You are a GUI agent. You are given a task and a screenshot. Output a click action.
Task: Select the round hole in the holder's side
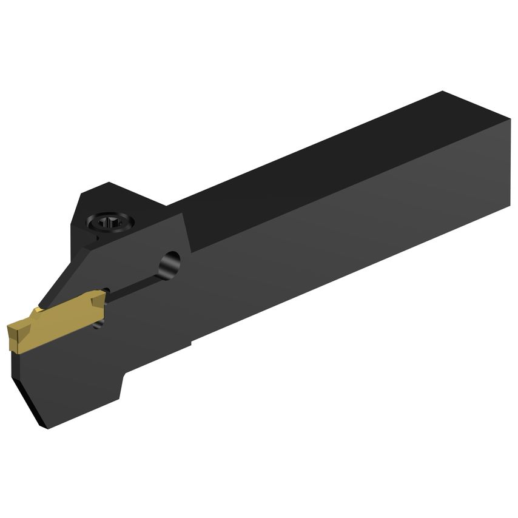click(170, 263)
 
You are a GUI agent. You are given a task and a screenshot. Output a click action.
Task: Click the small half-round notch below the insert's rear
click(100, 327)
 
